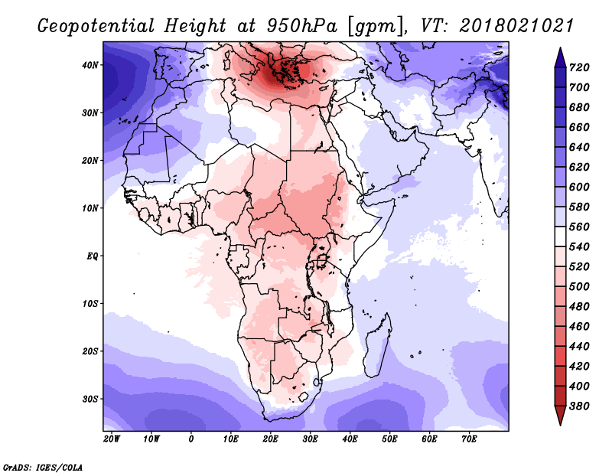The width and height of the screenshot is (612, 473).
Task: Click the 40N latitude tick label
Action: pos(90,65)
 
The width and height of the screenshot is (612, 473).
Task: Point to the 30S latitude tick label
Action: pos(90,400)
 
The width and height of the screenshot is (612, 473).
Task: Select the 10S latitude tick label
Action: pos(90,304)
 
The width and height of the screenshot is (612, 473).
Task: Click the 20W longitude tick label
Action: pos(112,439)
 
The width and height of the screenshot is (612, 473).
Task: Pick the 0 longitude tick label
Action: pos(190,439)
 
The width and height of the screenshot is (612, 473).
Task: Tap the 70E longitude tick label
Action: pos(469,439)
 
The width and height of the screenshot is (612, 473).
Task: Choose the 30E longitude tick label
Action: pos(310,439)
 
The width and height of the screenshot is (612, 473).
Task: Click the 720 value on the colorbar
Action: pos(579,67)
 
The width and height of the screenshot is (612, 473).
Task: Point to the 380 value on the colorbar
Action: pos(579,406)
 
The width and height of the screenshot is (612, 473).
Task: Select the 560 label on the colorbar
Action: pos(579,227)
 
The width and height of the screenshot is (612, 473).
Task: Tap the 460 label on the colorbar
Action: pos(579,327)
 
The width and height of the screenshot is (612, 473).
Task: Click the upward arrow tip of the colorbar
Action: pos(561,48)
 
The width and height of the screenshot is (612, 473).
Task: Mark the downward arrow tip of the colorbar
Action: pos(561,425)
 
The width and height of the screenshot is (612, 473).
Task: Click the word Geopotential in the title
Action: pos(96,27)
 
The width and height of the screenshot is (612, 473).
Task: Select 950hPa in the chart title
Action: pos(301,26)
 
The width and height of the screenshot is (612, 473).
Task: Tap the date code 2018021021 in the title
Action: pos(516,26)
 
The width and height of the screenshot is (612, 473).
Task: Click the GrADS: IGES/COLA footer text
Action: pos(43,468)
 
